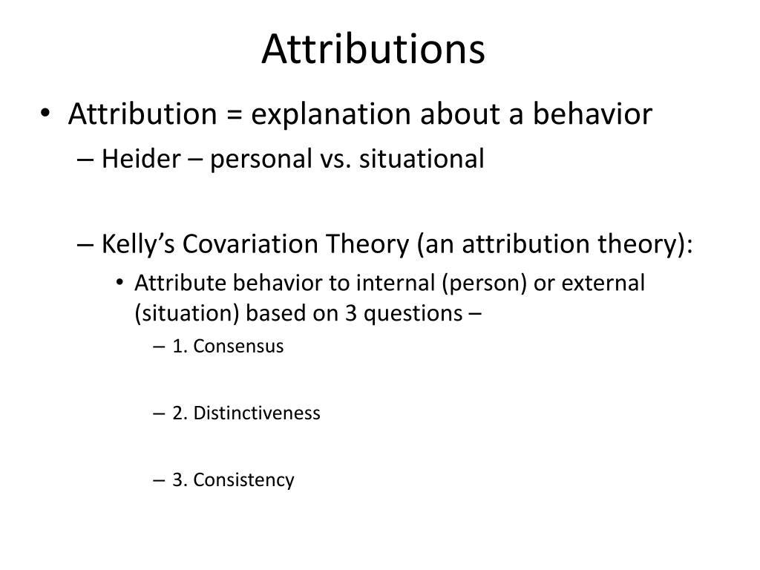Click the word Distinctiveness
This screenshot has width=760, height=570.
tap(256, 413)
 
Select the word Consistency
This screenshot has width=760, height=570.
tap(243, 480)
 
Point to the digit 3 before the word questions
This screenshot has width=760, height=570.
tap(351, 313)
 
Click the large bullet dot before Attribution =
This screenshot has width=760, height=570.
tap(46, 115)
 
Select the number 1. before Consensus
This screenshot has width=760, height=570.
tap(180, 347)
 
